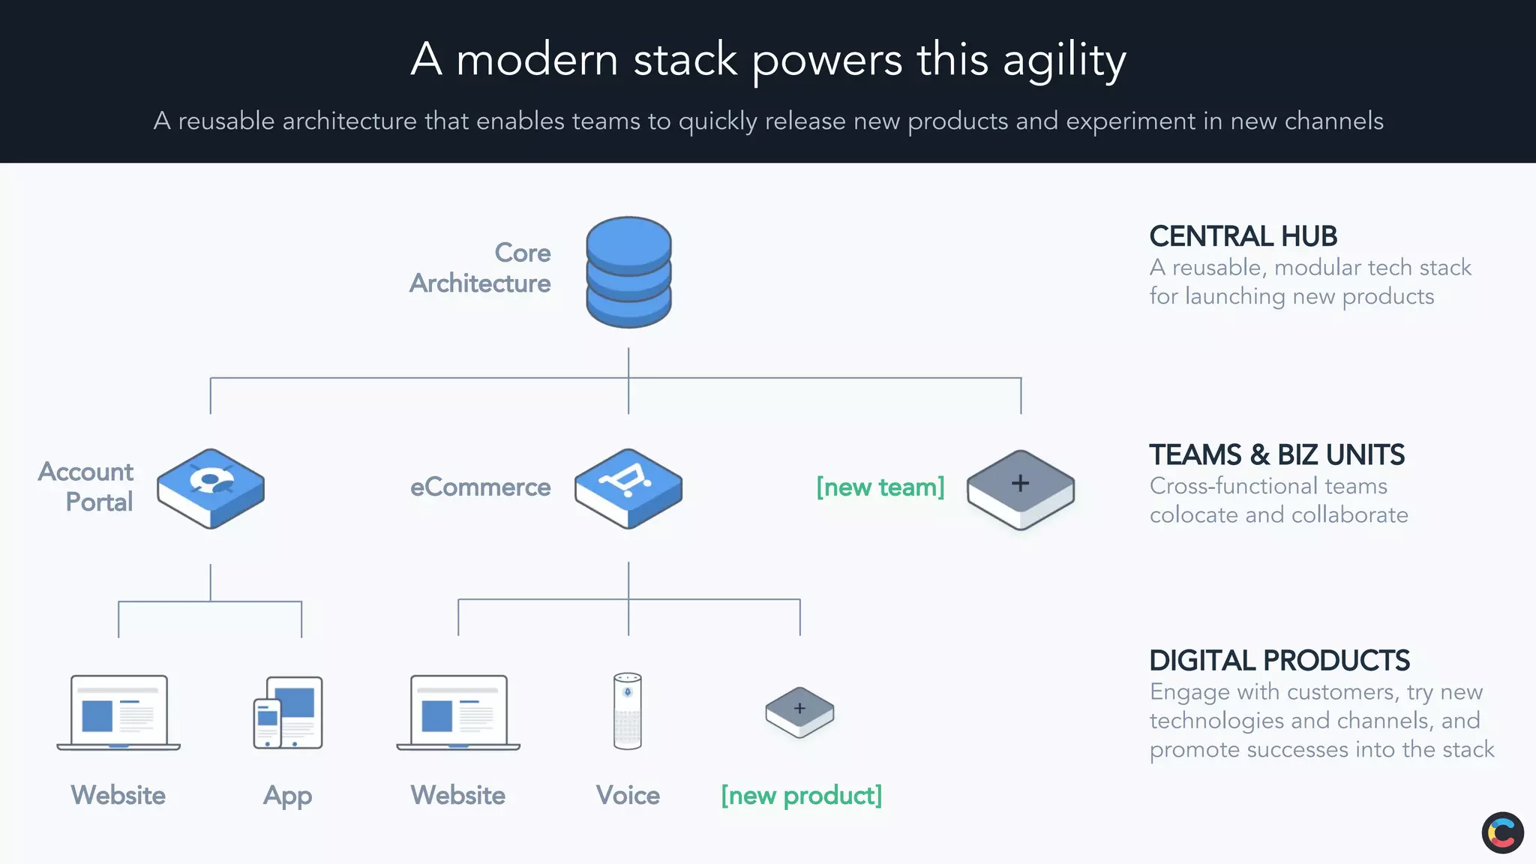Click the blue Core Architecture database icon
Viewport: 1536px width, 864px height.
(x=628, y=271)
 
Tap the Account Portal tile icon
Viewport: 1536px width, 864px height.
(x=211, y=488)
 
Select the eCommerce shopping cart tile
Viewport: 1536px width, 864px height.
(x=628, y=488)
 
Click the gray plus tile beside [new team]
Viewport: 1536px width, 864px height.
(x=1020, y=489)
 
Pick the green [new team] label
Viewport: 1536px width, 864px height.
(x=880, y=487)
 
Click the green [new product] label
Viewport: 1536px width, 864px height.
(x=801, y=795)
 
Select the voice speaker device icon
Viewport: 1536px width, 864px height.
(x=628, y=710)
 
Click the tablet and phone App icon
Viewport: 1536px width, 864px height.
(x=288, y=712)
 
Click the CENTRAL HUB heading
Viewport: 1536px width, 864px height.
(x=1243, y=236)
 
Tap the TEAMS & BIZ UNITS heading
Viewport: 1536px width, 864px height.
(x=1276, y=454)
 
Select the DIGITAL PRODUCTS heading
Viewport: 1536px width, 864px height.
(x=1279, y=661)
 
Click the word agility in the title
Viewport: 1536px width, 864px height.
(x=1064, y=60)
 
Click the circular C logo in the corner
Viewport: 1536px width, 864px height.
(x=1502, y=832)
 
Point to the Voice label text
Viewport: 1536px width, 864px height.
(x=628, y=795)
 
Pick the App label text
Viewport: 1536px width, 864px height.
(x=287, y=796)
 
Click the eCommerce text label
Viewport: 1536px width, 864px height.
(x=480, y=487)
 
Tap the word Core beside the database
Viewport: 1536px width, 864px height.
(x=523, y=253)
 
